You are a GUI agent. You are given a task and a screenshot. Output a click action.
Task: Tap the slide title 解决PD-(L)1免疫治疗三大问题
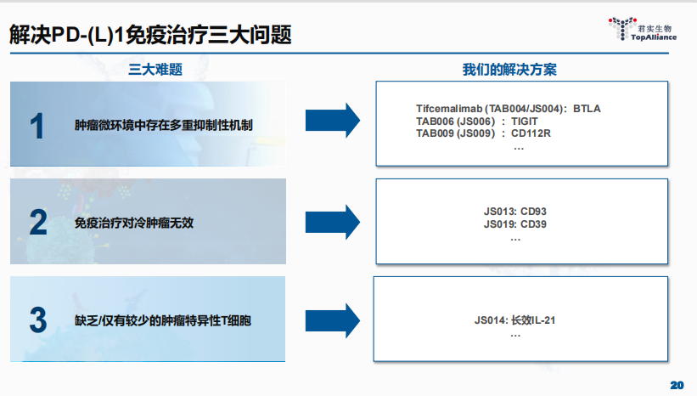(151, 35)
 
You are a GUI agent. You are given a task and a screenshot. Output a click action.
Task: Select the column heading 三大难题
(155, 69)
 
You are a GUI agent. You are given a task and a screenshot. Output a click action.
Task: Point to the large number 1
(37, 126)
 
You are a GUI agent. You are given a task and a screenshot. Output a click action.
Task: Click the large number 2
(37, 223)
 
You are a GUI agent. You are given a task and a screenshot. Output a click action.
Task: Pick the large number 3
(37, 320)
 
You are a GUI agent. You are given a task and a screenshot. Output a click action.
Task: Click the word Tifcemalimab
(449, 109)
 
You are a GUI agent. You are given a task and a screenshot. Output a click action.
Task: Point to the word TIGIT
(525, 121)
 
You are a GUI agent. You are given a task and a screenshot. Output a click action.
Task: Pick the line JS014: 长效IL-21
(514, 320)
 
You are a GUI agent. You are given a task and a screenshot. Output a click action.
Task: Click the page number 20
(677, 385)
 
